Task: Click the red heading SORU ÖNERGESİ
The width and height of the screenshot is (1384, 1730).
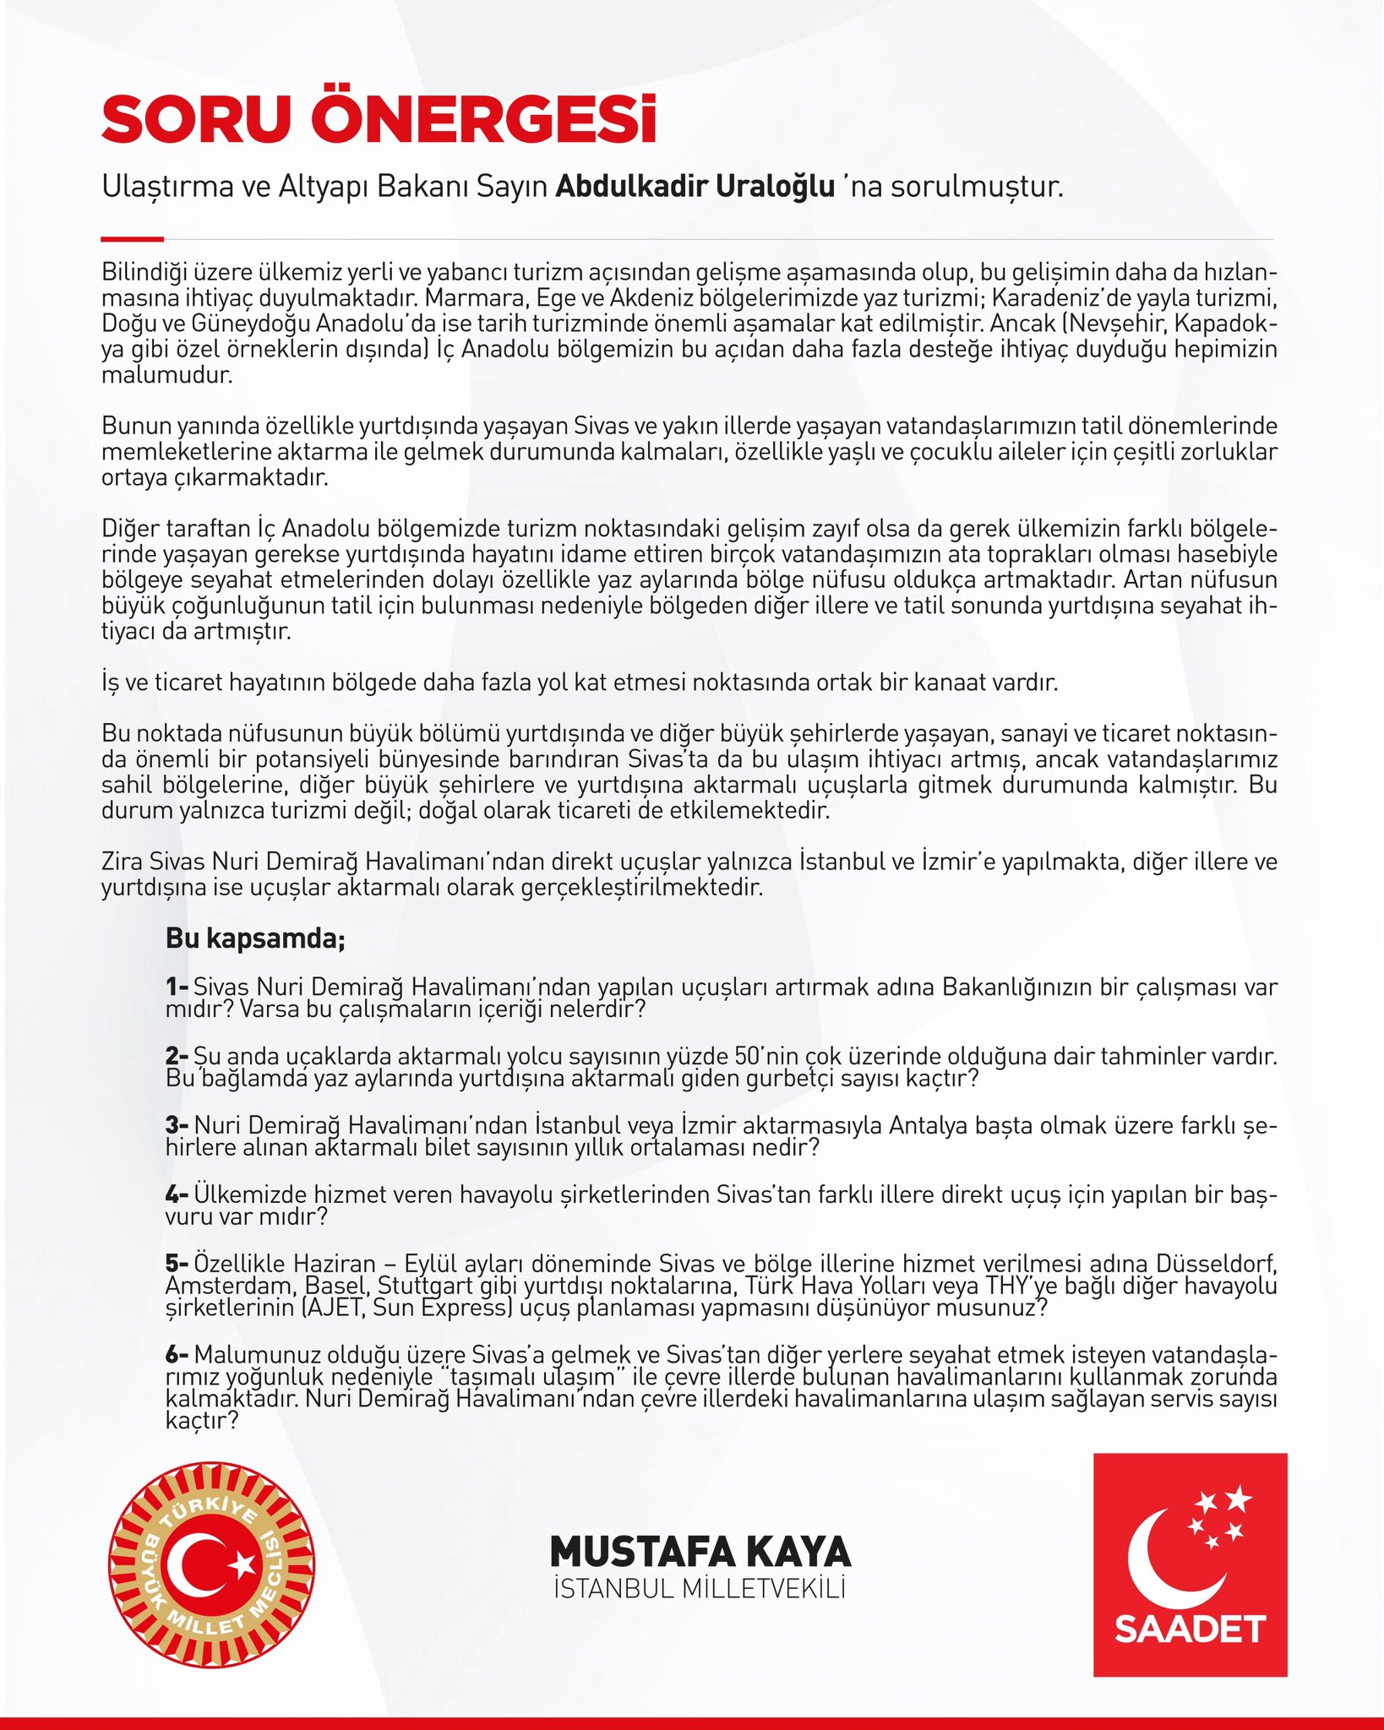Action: tap(379, 121)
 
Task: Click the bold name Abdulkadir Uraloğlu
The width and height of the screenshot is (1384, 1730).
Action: tap(695, 187)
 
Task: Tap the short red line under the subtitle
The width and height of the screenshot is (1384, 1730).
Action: tap(132, 239)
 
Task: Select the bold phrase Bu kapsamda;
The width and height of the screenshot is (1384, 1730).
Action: tap(255, 938)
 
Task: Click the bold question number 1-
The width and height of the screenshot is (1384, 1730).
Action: tap(177, 987)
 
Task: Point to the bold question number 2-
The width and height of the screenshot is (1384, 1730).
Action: tap(177, 1056)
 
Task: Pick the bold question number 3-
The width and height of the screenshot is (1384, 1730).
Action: tap(177, 1125)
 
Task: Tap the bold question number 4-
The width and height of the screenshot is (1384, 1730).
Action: tap(177, 1194)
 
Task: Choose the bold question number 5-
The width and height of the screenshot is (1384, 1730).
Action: tap(177, 1264)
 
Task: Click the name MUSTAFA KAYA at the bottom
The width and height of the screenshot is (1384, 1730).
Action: tap(700, 1552)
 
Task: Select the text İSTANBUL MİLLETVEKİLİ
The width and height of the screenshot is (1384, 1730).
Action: tap(700, 1589)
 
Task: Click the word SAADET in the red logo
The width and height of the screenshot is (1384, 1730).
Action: tap(1190, 1629)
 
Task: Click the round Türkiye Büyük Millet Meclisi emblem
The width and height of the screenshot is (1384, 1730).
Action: tap(211, 1565)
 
